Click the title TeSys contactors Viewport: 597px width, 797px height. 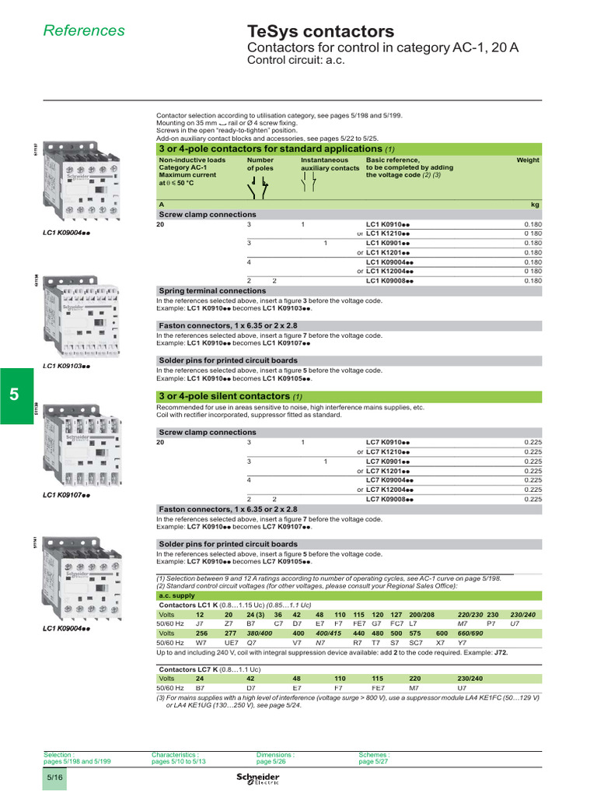pos(319,32)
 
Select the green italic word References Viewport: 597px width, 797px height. pos(83,30)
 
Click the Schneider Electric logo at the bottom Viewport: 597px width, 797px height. pos(257,781)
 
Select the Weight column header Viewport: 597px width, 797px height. pos(528,160)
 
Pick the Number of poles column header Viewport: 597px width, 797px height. pos(260,163)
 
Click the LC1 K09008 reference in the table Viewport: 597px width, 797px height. pos(389,280)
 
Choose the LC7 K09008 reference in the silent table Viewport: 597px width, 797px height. pos(389,499)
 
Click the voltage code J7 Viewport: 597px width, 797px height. pos(199,623)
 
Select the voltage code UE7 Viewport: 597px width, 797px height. pos(232,643)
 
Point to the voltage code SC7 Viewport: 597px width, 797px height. pos(416,643)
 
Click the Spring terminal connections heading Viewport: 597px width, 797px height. pos(212,290)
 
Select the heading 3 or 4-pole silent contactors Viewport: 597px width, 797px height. pos(225,397)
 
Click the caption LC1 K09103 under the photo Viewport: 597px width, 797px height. pos(67,365)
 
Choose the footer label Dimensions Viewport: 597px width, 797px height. pos(275,754)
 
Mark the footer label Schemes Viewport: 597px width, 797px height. pos(374,754)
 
